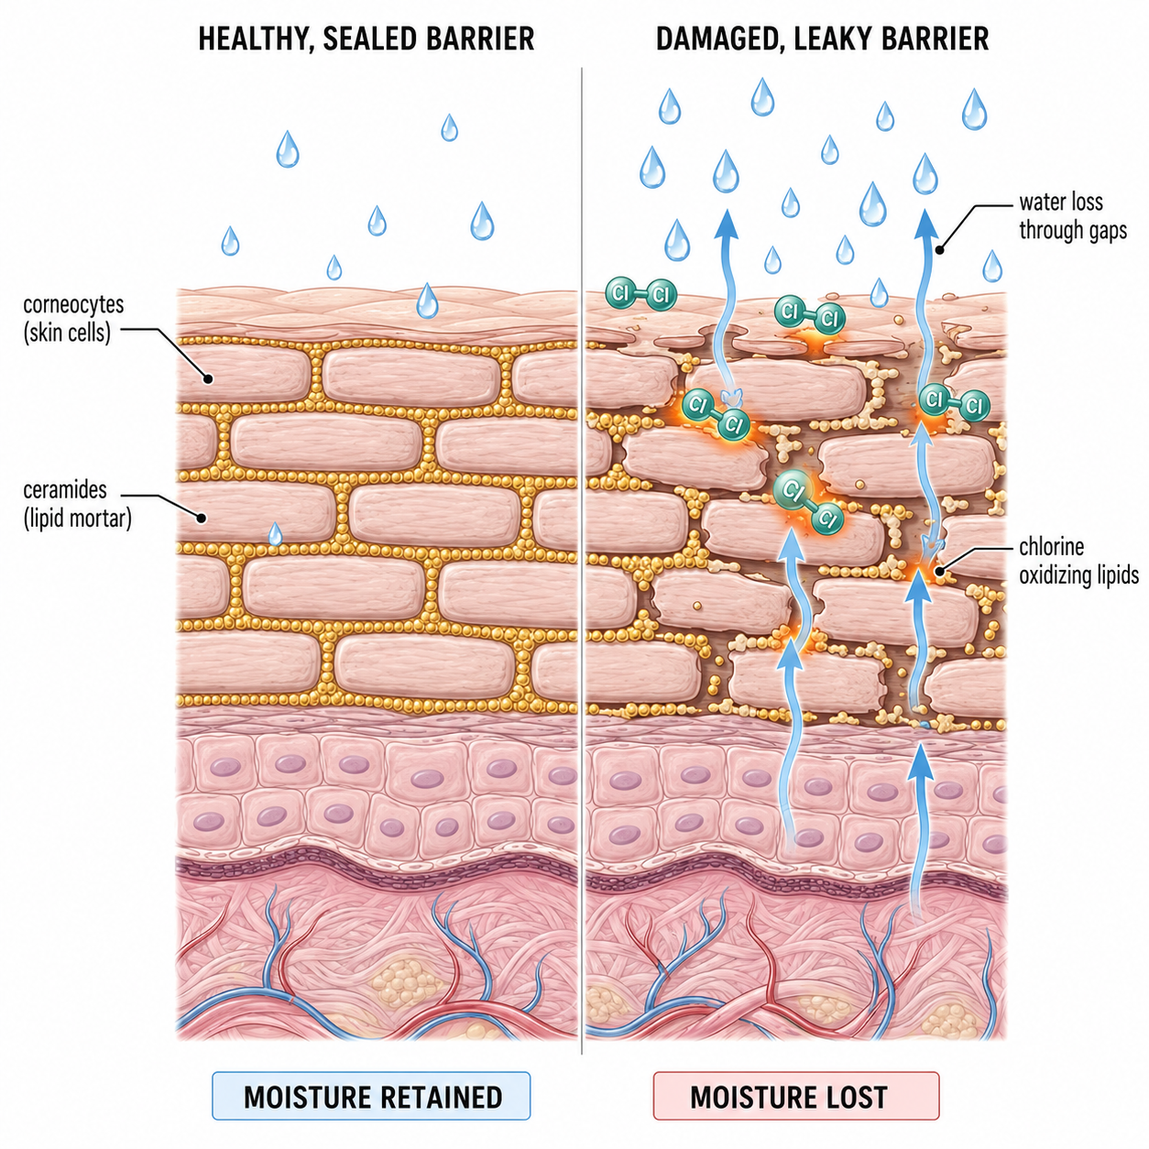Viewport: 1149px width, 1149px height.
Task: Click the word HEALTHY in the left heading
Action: click(254, 38)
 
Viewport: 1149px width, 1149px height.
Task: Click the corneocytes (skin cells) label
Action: click(73, 319)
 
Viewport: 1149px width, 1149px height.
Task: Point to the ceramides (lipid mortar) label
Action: click(77, 504)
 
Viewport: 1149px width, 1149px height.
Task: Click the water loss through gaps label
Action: click(1073, 216)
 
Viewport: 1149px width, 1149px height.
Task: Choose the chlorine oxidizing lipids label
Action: click(1078, 561)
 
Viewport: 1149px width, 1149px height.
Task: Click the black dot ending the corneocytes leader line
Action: click(207, 378)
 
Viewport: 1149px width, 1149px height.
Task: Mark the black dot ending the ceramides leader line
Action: click(202, 519)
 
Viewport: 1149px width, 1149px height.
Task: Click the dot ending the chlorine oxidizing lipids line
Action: click(940, 571)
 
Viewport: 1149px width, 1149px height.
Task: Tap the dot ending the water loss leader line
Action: click(938, 250)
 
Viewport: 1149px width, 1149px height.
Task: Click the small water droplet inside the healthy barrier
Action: click(275, 534)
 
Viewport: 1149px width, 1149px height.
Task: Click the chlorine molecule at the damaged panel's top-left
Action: click(641, 293)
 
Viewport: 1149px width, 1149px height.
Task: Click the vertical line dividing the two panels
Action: click(582, 561)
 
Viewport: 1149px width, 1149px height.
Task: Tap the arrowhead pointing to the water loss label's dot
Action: click(925, 224)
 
